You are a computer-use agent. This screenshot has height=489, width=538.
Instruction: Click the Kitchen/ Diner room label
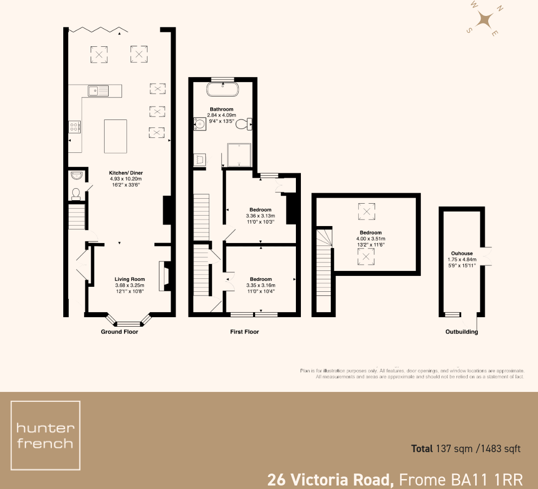pos(126,173)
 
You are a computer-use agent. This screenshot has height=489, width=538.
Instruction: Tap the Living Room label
pos(130,279)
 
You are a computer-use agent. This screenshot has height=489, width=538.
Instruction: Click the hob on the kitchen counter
pos(75,127)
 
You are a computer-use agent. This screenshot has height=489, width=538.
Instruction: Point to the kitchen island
pos(115,136)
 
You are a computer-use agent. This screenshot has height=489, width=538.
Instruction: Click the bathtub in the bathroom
pos(223,90)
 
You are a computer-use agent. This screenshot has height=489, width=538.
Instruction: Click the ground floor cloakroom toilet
pos(76,194)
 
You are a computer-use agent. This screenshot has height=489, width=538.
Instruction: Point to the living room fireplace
pos(163,276)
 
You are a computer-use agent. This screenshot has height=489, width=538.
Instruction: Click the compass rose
pos(484,20)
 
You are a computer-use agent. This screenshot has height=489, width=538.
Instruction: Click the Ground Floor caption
pos(120,332)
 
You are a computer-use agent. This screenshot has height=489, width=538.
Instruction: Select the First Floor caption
pos(245,332)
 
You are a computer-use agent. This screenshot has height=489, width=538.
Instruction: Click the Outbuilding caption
pos(461,332)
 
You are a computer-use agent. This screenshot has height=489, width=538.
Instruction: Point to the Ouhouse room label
pos(461,252)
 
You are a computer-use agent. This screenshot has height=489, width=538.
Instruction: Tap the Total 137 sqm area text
pos(465,449)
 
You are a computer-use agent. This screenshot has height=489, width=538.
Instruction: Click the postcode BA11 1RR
pos(487,480)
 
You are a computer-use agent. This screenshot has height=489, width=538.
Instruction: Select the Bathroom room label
pos(221,109)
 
